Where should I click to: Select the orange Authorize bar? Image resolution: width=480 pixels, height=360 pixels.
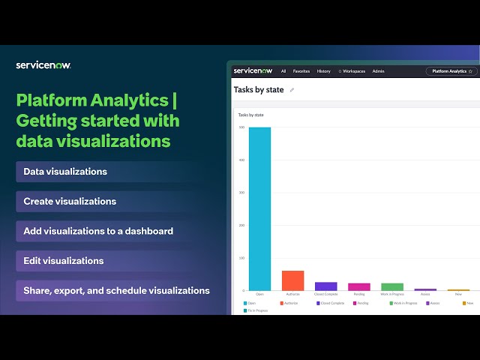tap(292, 280)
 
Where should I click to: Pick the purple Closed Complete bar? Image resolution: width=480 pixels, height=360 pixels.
tap(325, 286)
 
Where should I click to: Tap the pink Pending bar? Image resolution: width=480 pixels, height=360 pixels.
tap(358, 286)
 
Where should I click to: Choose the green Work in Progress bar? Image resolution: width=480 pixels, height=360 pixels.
tap(391, 286)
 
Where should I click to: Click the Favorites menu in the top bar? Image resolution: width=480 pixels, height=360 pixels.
tap(301, 71)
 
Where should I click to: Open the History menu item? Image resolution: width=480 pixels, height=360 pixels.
tap(323, 71)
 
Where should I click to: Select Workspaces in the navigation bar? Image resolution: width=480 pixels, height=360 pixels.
tap(352, 71)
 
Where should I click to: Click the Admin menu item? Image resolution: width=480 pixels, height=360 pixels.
tap(378, 71)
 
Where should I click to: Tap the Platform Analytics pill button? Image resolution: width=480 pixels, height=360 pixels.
tap(451, 71)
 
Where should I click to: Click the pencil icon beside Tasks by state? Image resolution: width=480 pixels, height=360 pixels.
tap(292, 90)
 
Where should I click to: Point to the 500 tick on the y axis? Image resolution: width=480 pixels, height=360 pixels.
tap(241, 127)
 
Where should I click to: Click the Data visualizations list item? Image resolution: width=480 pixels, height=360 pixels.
tap(65, 172)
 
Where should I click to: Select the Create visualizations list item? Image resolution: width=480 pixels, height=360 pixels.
tap(70, 201)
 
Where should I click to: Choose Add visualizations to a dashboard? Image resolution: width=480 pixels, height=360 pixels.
tap(98, 231)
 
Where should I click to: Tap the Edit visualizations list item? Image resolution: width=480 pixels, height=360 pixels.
tap(64, 261)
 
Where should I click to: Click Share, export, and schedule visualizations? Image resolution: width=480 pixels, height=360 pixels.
tap(116, 290)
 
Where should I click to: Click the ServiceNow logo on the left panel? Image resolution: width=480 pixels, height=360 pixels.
tap(43, 65)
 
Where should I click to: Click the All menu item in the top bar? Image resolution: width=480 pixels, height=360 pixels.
tap(283, 71)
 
